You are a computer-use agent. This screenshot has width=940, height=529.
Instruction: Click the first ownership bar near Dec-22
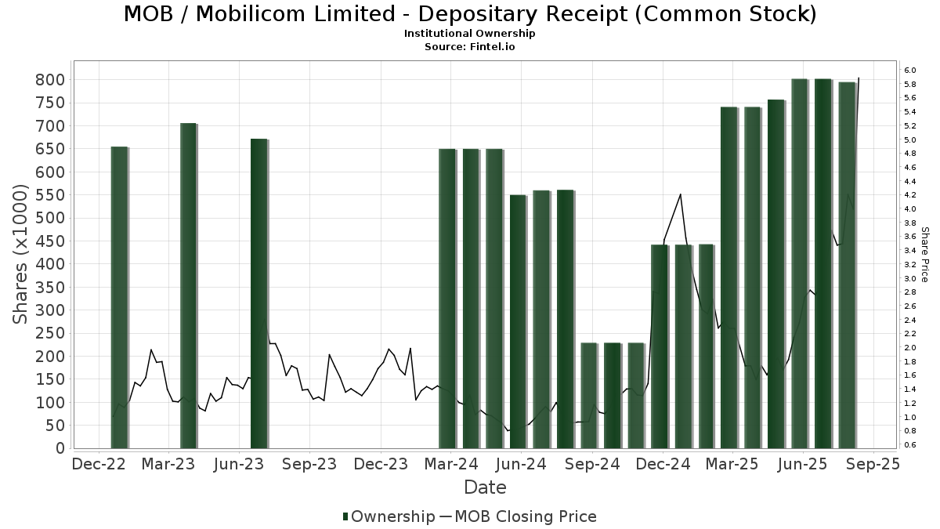pyautogui.click(x=119, y=297)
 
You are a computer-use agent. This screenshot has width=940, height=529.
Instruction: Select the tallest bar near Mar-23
pyautogui.click(x=188, y=285)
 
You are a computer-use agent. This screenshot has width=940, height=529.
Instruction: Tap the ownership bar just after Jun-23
pyautogui.click(x=258, y=293)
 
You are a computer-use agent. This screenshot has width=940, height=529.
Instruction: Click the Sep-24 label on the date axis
pyautogui.click(x=593, y=465)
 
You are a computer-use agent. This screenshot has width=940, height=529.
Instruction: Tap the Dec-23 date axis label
pyautogui.click(x=381, y=465)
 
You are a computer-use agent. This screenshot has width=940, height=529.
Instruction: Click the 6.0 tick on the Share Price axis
pyautogui.click(x=909, y=71)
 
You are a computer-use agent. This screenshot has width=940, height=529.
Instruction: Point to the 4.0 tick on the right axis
pyautogui.click(x=909, y=209)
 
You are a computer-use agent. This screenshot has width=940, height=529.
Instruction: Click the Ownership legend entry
pyautogui.click(x=389, y=516)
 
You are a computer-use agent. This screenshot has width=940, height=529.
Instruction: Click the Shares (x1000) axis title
pyautogui.click(x=22, y=255)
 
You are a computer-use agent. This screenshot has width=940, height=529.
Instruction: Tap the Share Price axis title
pyautogui.click(x=924, y=255)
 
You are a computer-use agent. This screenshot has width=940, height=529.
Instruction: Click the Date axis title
pyautogui.click(x=485, y=487)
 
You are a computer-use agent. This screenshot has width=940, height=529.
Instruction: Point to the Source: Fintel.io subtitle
pyautogui.click(x=470, y=46)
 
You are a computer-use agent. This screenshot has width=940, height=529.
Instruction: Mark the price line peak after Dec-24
pyautogui.click(x=680, y=194)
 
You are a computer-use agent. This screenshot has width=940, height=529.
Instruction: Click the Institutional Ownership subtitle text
pyautogui.click(x=470, y=34)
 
